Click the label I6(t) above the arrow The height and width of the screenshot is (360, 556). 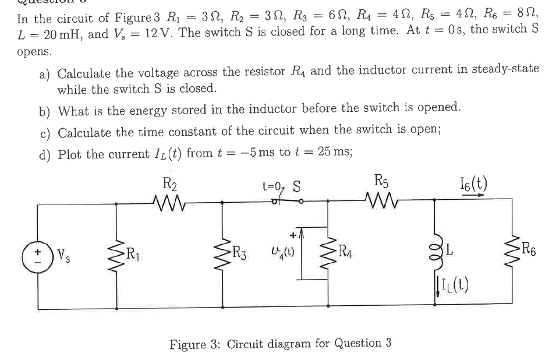(473, 186)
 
